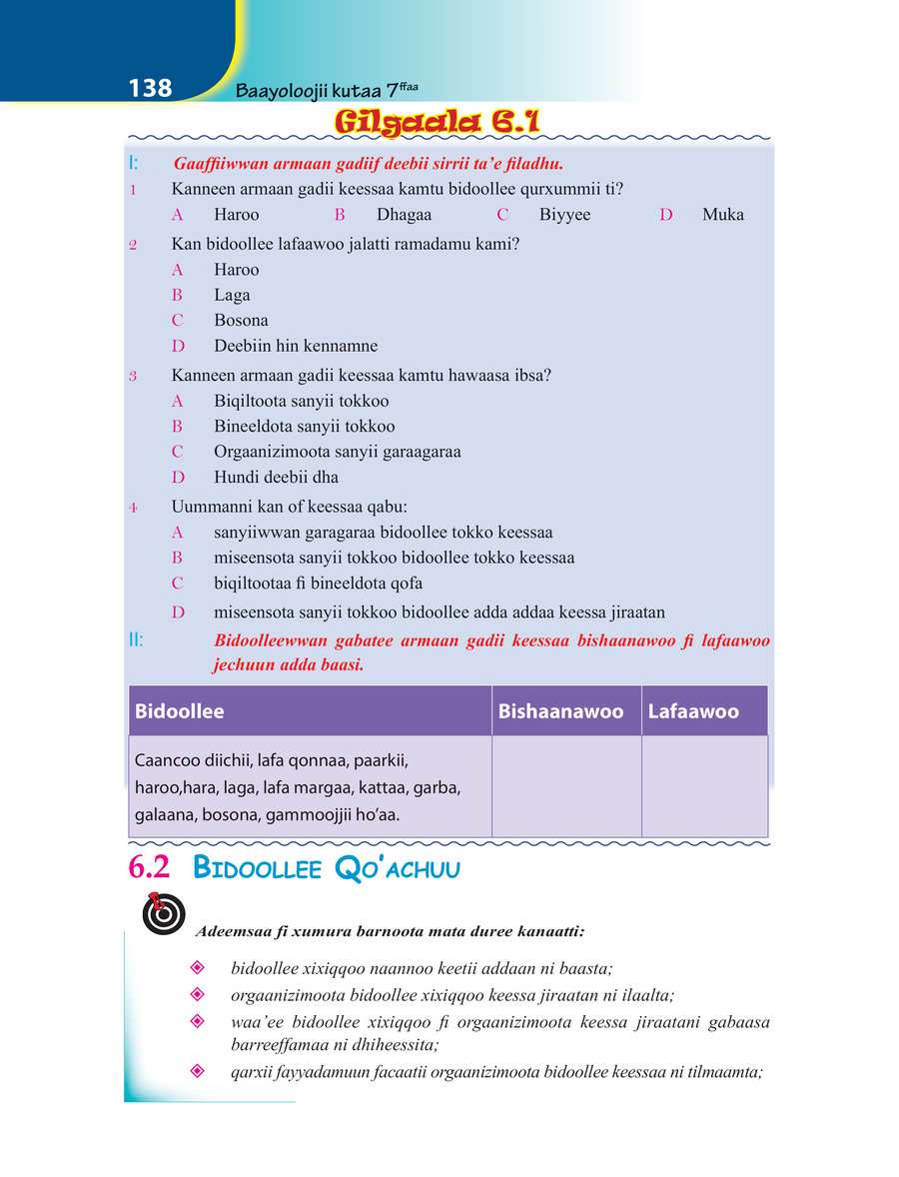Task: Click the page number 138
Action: [151, 89]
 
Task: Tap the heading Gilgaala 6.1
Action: [438, 122]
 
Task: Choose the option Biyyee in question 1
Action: [564, 215]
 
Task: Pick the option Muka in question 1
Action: [722, 215]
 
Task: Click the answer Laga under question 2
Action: [232, 295]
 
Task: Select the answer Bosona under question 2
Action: [241, 321]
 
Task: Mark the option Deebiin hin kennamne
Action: [296, 347]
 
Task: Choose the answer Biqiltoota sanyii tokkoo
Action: [301, 402]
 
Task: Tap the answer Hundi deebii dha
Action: [276, 478]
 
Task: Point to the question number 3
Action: [133, 377]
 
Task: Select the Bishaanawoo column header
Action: [566, 711]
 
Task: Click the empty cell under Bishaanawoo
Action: [566, 787]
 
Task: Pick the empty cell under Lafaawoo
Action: [704, 787]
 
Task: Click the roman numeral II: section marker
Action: [136, 640]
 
